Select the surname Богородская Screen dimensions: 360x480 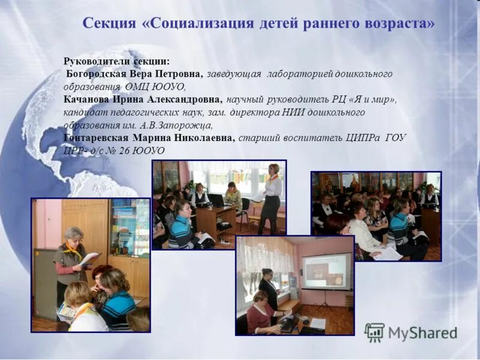97,74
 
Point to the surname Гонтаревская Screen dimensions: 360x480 96,138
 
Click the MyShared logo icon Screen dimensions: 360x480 374,332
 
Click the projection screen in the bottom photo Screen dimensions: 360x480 326,271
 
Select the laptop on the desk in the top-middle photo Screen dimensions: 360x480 215,200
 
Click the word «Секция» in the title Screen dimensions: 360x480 110,24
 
